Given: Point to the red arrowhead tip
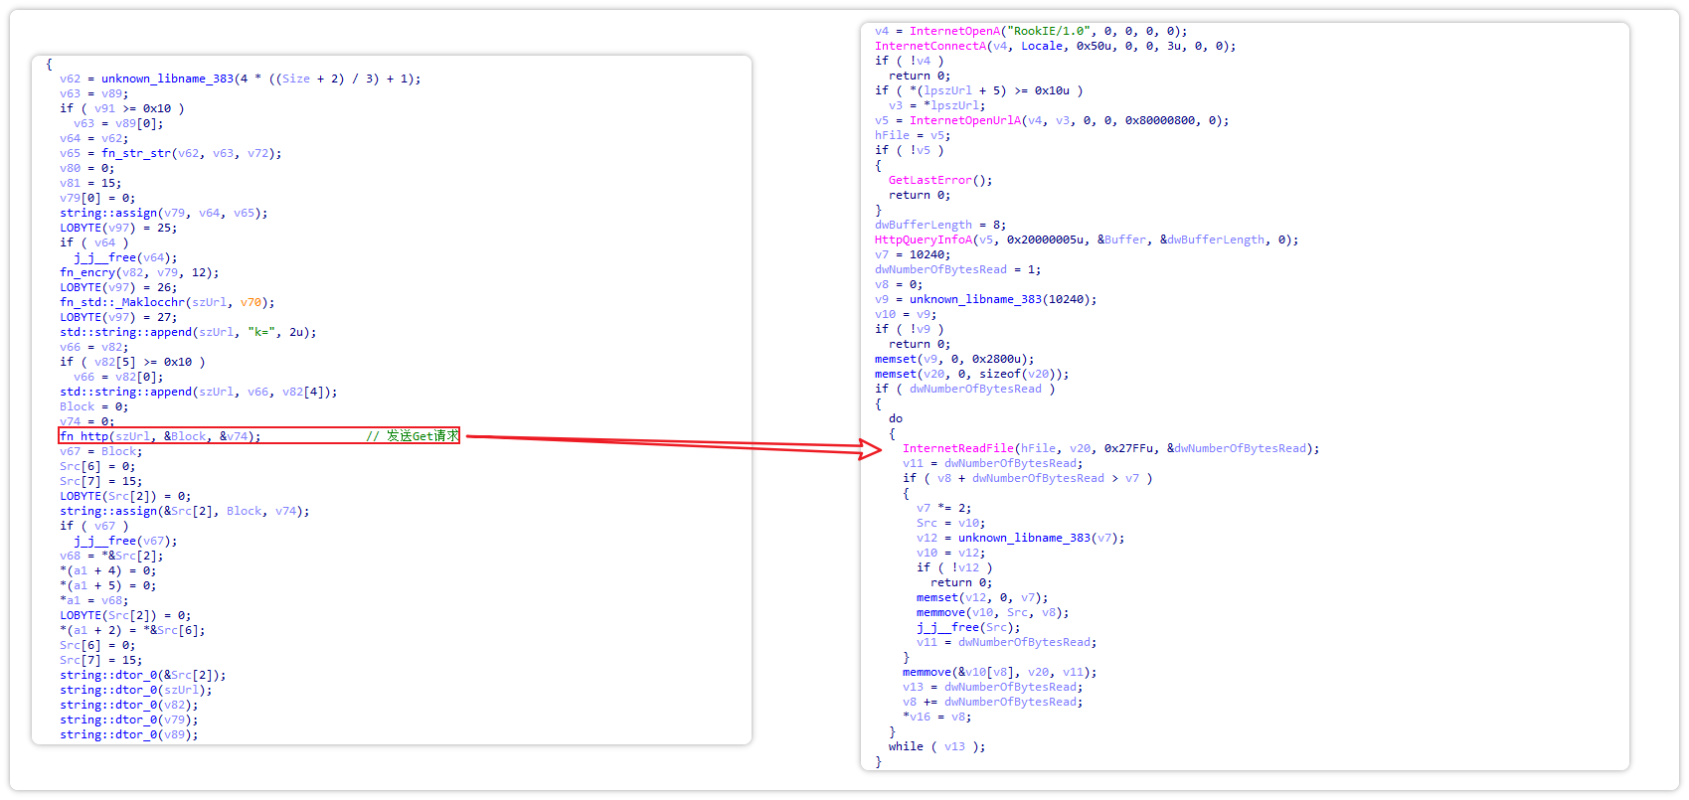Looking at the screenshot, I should coord(879,451).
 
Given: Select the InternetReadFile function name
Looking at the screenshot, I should coord(958,448).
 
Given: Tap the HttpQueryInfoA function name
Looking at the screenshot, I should coord(924,240).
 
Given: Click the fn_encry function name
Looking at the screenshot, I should coord(87,272).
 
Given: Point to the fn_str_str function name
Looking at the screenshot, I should coord(136,153).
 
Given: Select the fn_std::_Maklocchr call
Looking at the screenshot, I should coord(122,302).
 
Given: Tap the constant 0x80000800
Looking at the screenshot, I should coord(1162,120).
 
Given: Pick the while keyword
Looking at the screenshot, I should coord(906,746).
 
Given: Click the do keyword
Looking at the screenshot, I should coord(896,418).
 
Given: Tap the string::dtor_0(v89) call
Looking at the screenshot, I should coord(128,734).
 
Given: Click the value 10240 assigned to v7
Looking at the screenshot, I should coord(929,254).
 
